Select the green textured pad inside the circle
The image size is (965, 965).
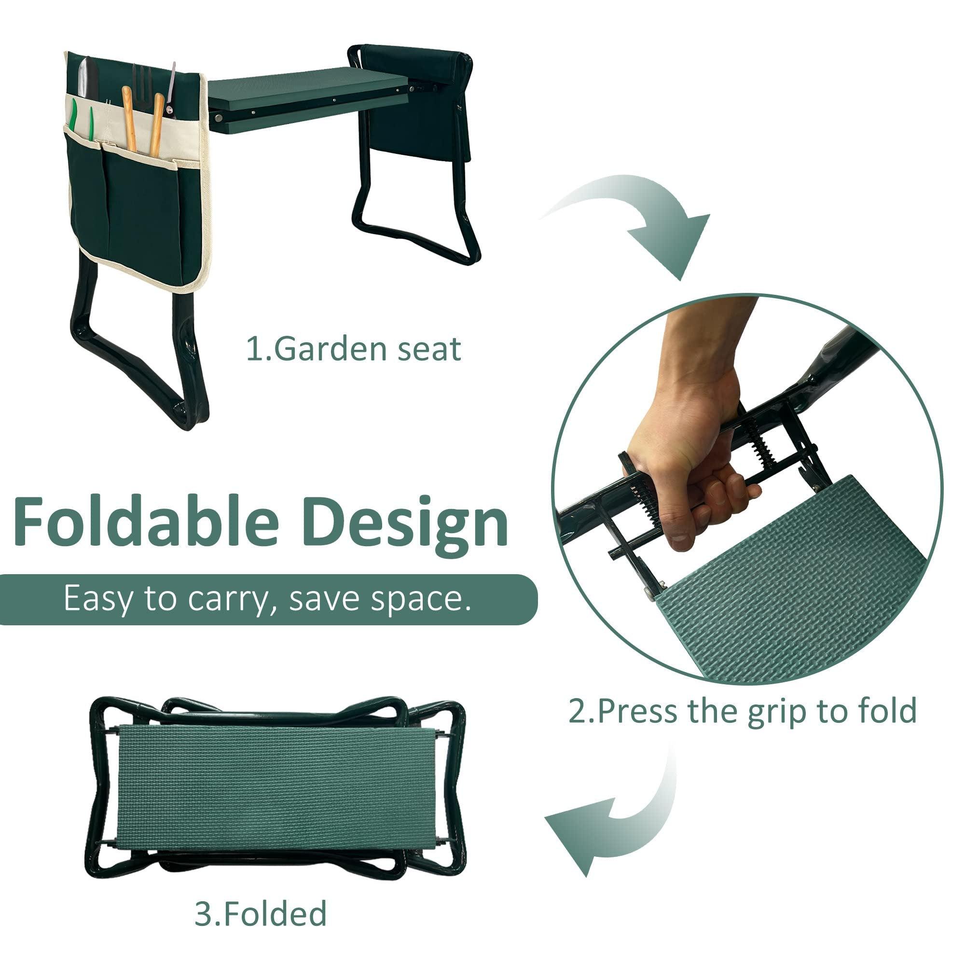pyautogui.click(x=799, y=584)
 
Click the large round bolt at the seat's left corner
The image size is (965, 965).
pyautogui.click(x=219, y=117)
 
